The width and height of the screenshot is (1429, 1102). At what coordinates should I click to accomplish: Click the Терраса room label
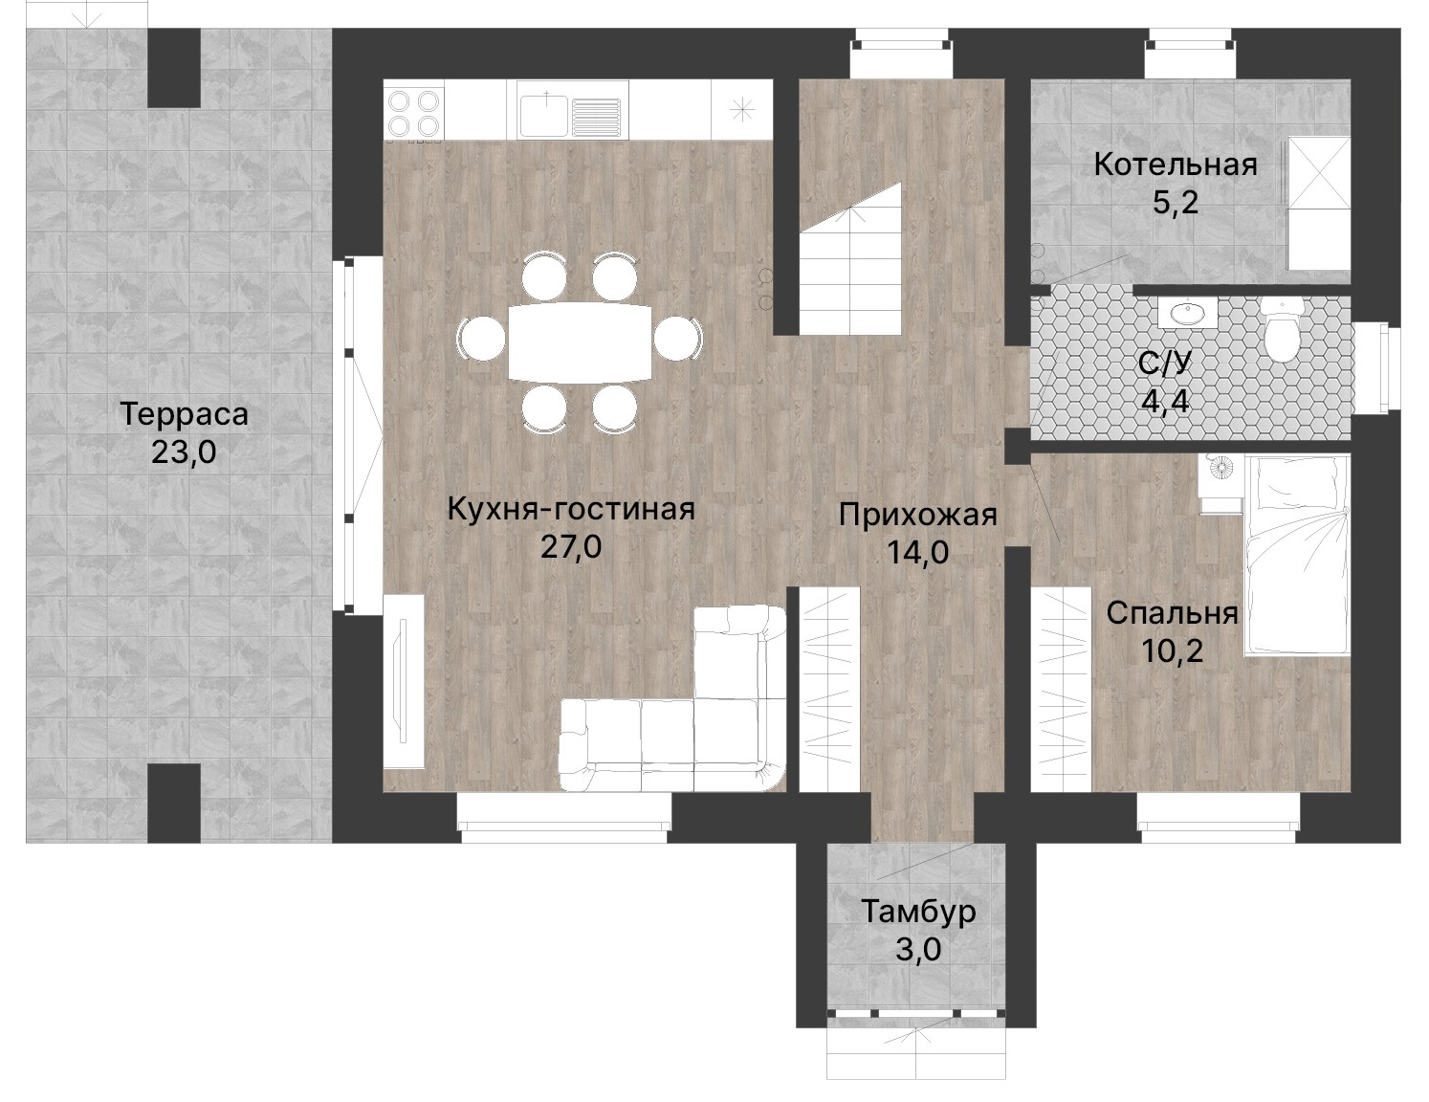185,414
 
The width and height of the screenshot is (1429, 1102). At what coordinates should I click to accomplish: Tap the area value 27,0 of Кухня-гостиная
571,546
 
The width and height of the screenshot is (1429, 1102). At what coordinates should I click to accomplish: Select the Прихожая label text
918,516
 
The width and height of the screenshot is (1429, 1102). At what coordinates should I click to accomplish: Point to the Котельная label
1176,165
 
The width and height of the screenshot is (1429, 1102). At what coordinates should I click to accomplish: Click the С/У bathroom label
1165,363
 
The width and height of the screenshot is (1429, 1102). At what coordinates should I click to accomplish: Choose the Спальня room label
1172,613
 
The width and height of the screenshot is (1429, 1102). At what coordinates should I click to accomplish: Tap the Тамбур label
918,912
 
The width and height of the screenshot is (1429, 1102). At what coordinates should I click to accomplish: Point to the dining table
580,342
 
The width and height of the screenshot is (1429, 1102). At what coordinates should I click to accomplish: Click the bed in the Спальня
1296,555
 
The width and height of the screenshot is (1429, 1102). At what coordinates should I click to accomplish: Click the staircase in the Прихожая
849,260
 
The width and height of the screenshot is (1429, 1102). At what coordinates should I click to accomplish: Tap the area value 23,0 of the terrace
184,452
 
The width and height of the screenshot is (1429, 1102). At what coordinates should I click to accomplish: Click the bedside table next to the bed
1220,484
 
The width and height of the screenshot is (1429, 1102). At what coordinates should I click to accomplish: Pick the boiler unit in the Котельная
1318,203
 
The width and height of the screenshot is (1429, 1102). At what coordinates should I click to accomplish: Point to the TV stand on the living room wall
404,681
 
